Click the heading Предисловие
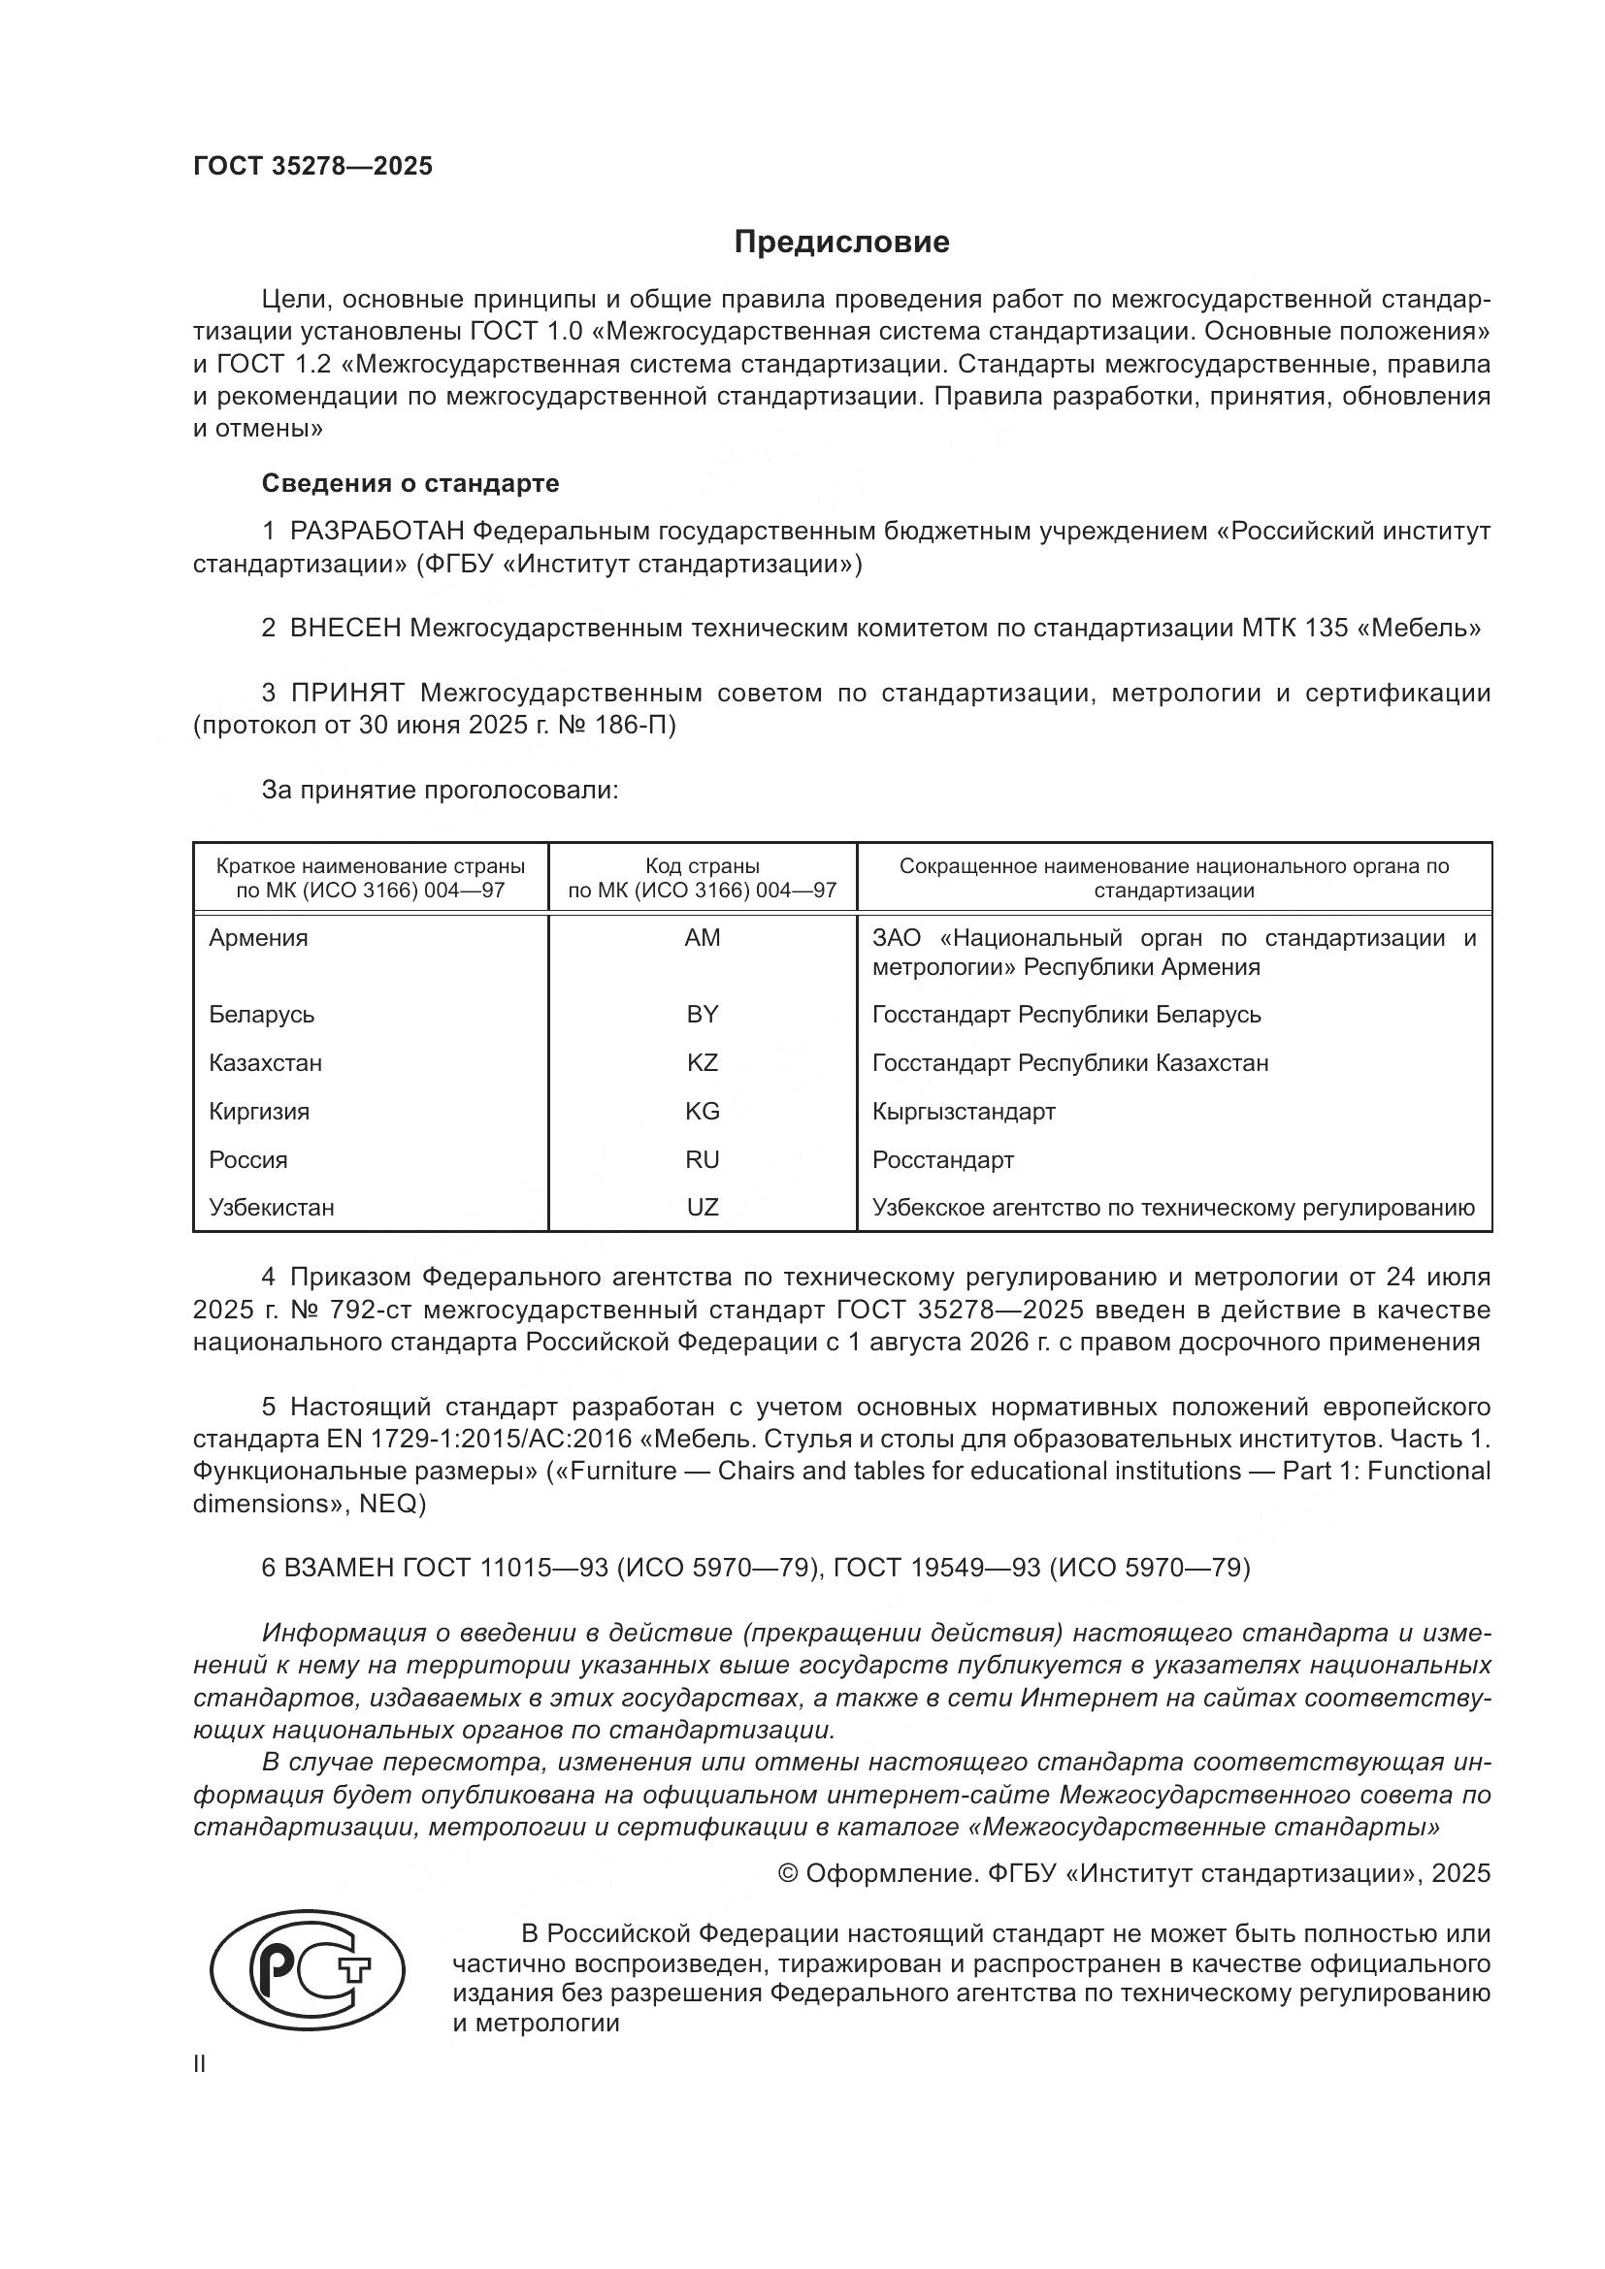click(x=841, y=243)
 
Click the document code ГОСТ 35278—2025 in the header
click(x=312, y=166)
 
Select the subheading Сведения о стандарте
click(x=410, y=483)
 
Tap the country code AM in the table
click(x=702, y=938)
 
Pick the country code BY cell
click(x=702, y=1015)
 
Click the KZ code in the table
click(x=702, y=1063)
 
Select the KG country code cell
click(x=702, y=1112)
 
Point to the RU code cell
click(x=702, y=1160)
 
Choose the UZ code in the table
click(x=702, y=1208)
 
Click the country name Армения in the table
click(x=258, y=938)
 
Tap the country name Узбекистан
click(x=271, y=1208)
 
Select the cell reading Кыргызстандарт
click(x=964, y=1112)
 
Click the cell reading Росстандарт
click(x=943, y=1160)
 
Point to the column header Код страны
click(x=702, y=866)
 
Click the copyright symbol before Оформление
click(x=788, y=1874)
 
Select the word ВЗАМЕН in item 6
click(x=339, y=1568)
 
